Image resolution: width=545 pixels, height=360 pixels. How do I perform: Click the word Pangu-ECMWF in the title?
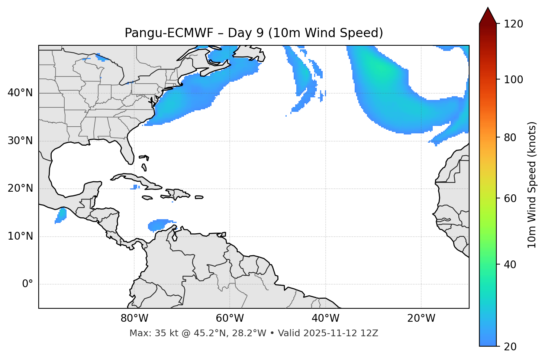pos(169,33)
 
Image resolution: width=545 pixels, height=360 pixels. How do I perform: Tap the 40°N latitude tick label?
pos(20,93)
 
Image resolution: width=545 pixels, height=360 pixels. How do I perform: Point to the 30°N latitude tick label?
pos(20,141)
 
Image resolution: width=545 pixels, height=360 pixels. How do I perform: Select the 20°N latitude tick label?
pos(20,188)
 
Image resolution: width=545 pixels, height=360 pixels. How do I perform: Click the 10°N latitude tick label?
pos(20,236)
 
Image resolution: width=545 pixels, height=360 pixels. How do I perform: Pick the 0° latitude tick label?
pos(27,284)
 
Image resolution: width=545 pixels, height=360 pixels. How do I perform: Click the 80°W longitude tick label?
pos(134,318)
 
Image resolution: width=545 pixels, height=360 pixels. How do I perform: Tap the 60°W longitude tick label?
pos(230,318)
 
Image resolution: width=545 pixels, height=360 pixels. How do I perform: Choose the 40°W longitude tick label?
pos(325,318)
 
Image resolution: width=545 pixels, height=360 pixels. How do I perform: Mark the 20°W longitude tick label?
pos(421,318)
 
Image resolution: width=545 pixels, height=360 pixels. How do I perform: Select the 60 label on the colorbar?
pos(510,198)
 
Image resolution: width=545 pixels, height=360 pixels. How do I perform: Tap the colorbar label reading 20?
pos(510,347)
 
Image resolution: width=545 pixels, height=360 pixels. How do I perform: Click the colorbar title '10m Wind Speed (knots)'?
pos(532,185)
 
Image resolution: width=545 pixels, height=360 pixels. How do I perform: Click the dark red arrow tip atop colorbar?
pos(488,15)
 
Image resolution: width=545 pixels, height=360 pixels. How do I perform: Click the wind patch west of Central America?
pos(61,215)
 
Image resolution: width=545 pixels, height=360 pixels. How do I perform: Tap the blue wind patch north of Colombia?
pos(160,224)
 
